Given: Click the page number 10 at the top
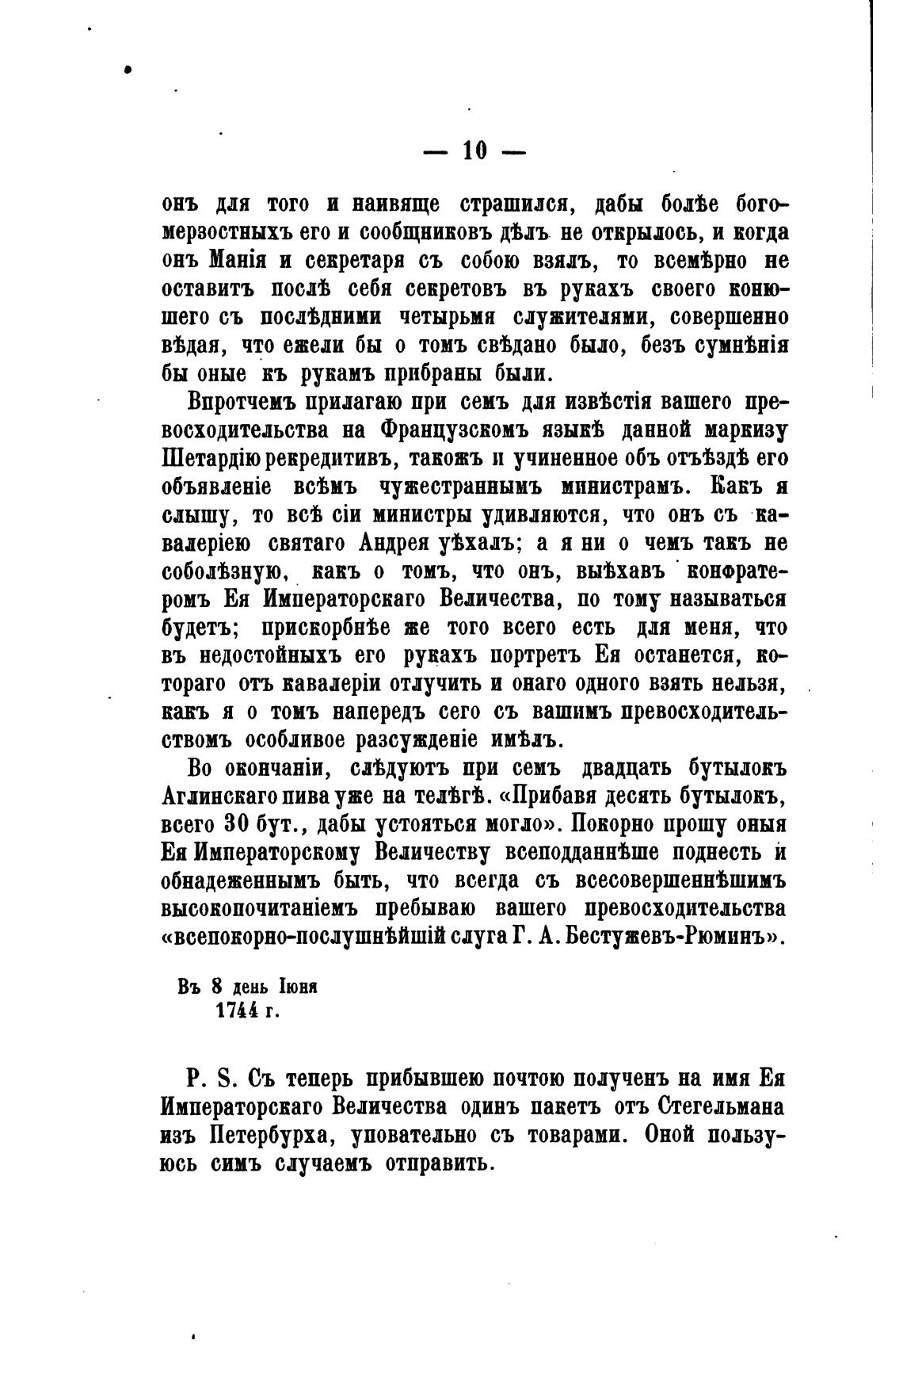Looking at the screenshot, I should (474, 150).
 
